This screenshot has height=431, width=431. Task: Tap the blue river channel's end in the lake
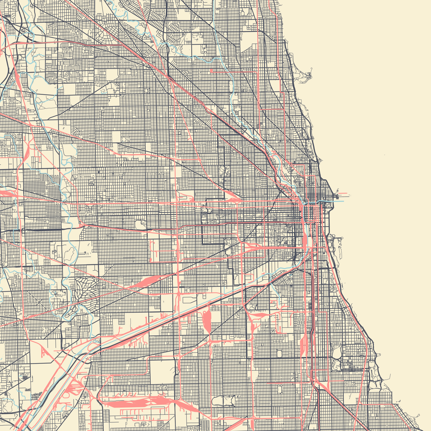click(x=343, y=201)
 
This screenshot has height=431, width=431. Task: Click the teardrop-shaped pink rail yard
click(x=207, y=320)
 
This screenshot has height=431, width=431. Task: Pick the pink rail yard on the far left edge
click(x=7, y=193)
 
